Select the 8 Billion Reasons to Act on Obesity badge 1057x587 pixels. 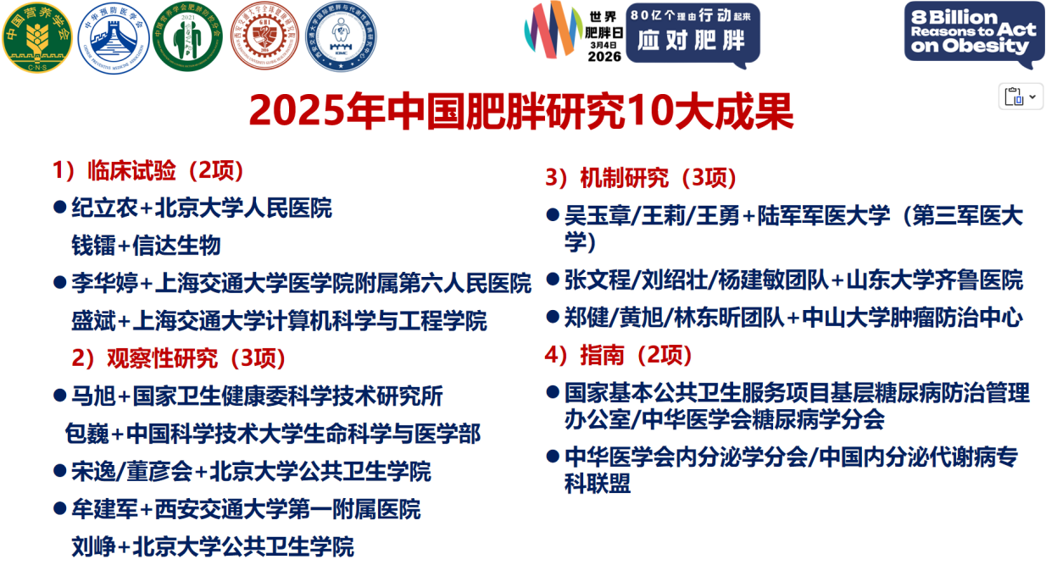[x=972, y=34]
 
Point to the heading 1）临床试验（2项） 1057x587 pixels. [x=149, y=170]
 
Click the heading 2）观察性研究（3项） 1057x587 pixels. [x=179, y=358]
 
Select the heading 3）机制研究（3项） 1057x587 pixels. [x=641, y=178]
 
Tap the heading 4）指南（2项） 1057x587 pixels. [x=619, y=355]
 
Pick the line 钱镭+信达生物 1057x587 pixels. [x=146, y=245]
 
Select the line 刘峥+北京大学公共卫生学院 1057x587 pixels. [x=212, y=546]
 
